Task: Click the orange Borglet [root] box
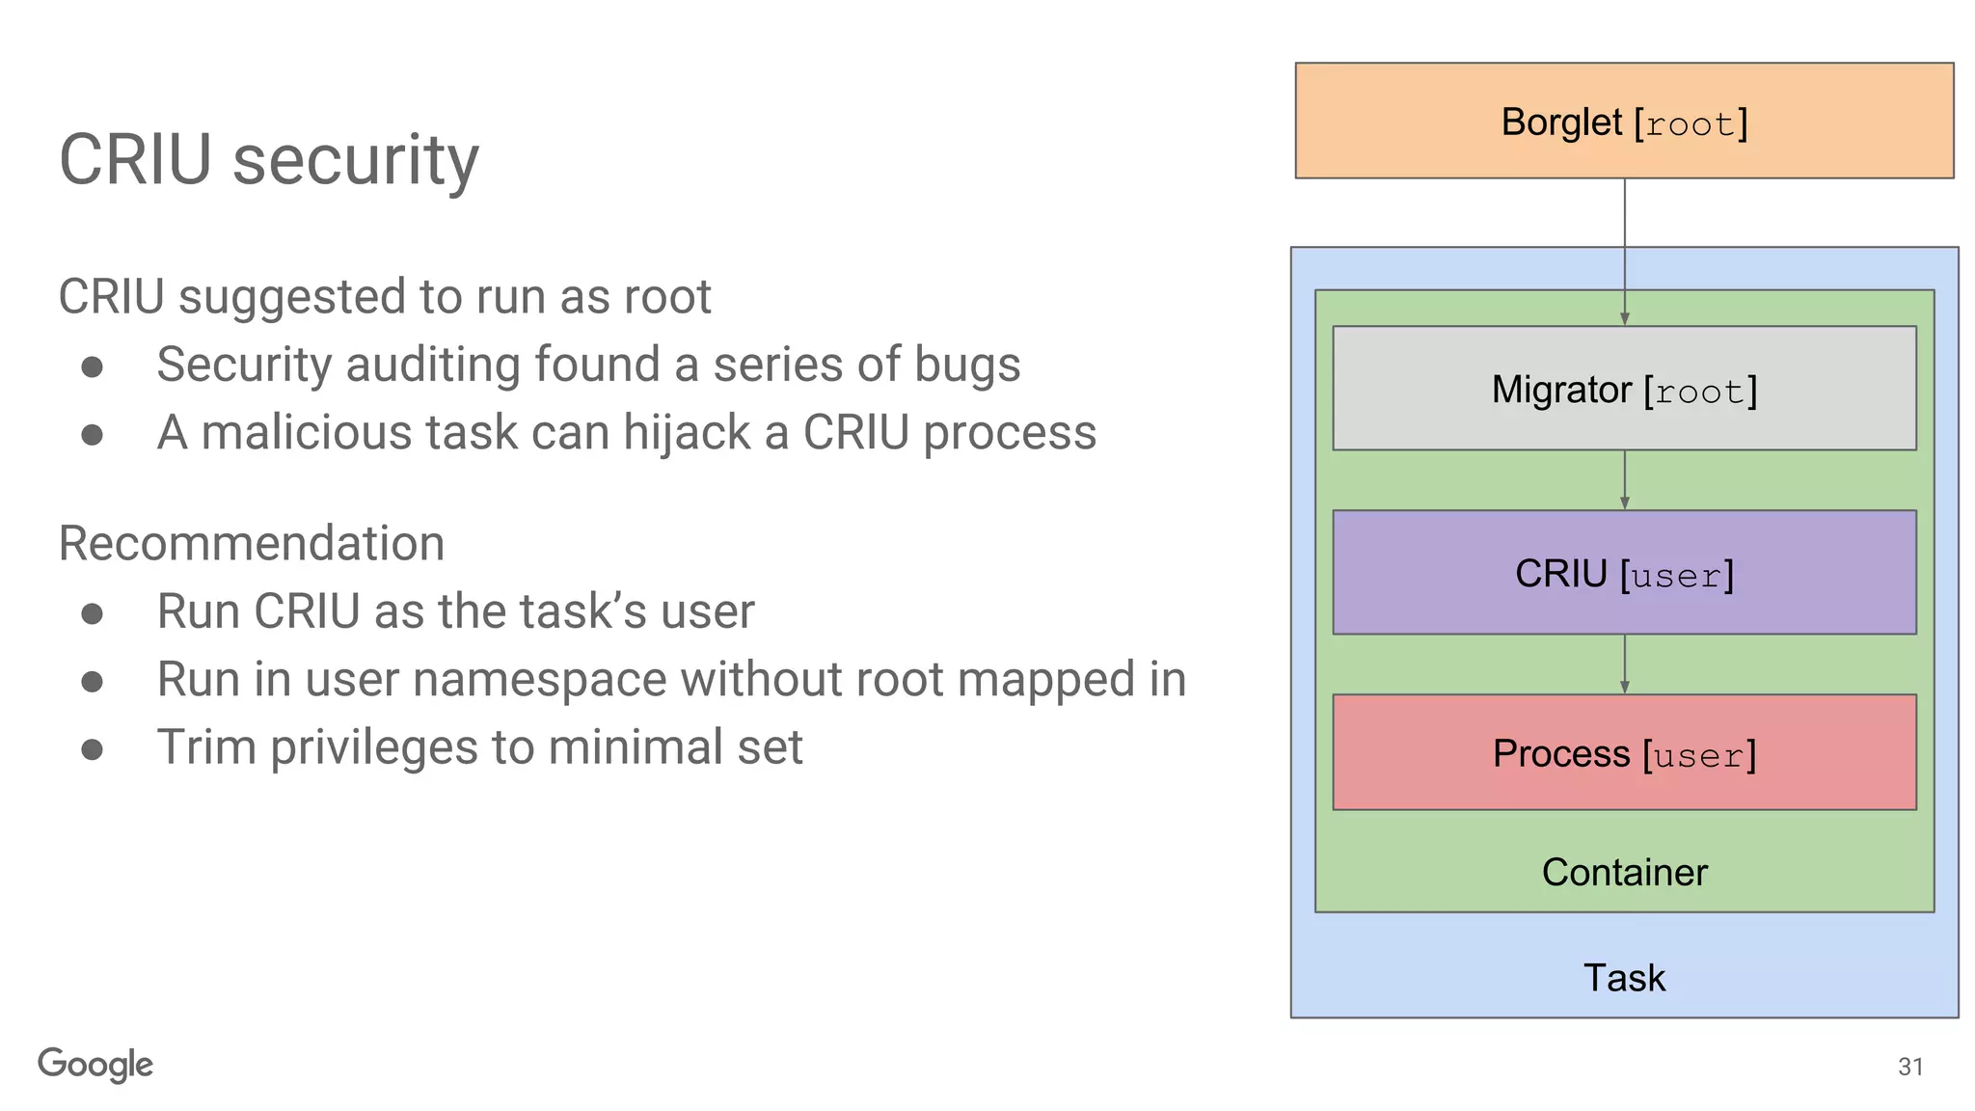point(1624,122)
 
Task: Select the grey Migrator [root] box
point(1624,389)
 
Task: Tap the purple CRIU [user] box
point(1624,573)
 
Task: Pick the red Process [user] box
point(1624,752)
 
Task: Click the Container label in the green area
point(1624,872)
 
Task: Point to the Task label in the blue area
point(1624,977)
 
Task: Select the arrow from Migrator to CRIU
point(1625,480)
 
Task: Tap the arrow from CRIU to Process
point(1625,664)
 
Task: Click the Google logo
point(95,1065)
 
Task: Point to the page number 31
point(1910,1067)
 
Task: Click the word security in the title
point(356,160)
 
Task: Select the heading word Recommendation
point(252,543)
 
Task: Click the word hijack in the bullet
point(686,432)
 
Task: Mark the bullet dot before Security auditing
point(93,366)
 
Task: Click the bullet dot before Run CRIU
point(93,613)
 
